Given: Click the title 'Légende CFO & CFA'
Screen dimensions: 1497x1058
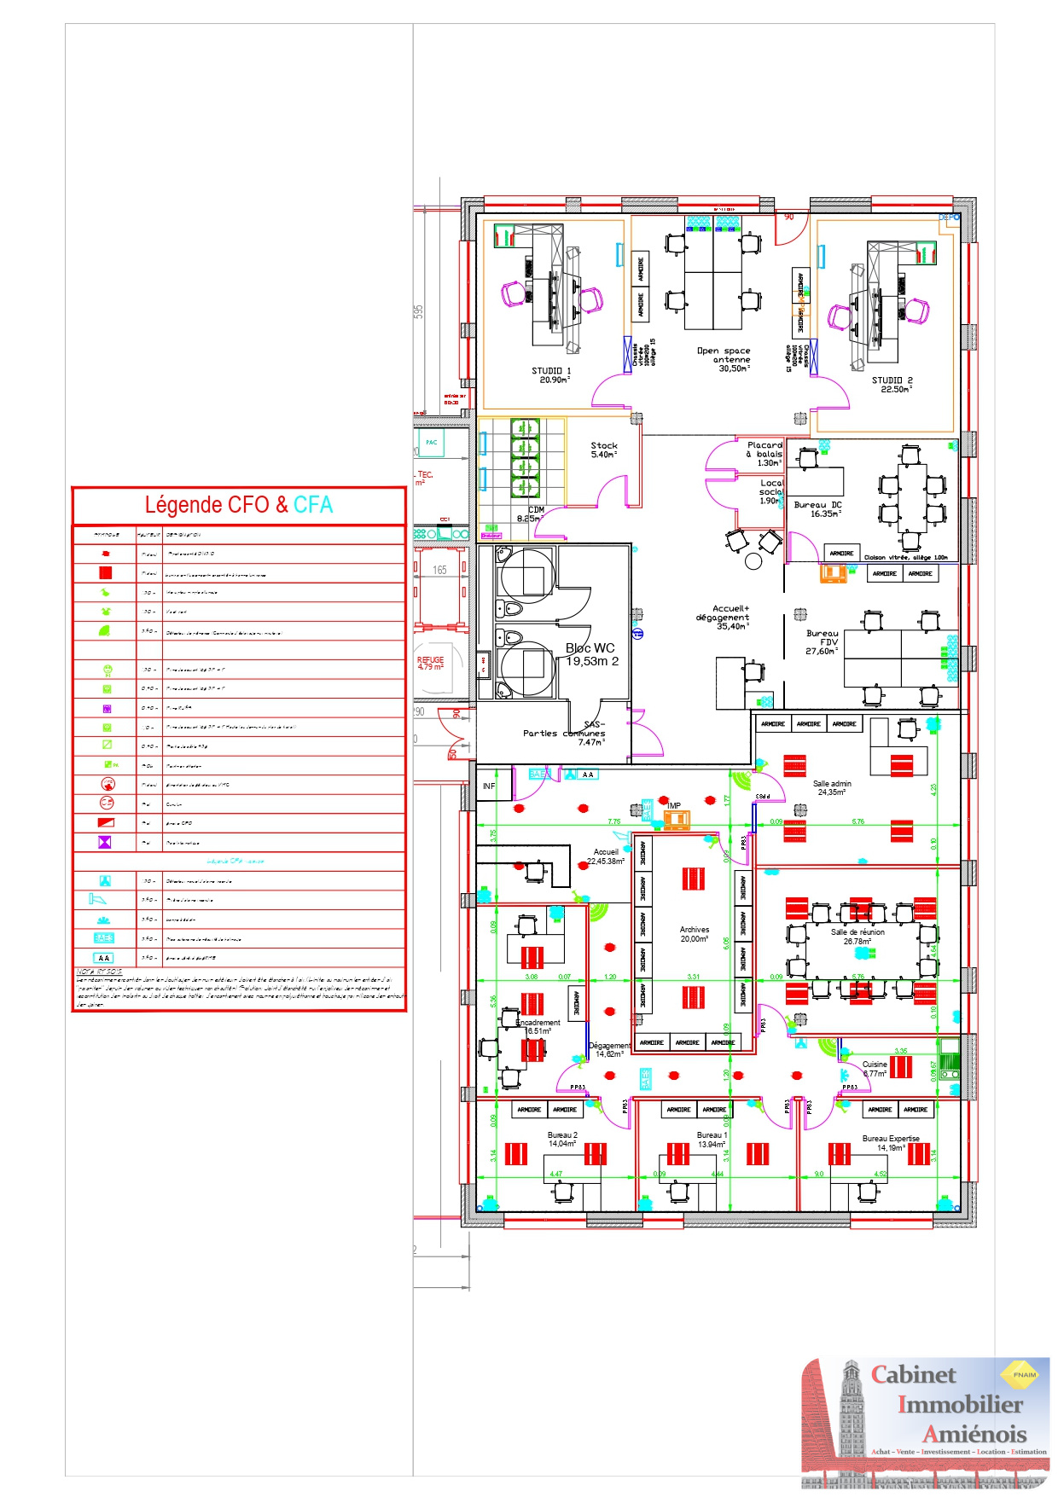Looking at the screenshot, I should [238, 505].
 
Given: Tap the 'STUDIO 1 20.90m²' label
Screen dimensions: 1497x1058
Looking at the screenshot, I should [552, 375].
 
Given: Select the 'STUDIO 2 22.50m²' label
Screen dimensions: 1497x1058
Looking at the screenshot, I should [892, 385].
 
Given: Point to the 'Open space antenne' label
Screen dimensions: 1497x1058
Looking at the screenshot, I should [724, 355].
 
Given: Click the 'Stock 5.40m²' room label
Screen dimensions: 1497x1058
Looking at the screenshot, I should [604, 450].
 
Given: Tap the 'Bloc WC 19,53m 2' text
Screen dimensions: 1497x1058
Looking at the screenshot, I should [590, 654].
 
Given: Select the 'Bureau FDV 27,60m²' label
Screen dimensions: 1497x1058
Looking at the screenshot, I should [823, 642].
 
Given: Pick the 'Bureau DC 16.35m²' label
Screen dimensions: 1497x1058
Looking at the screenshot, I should [817, 509].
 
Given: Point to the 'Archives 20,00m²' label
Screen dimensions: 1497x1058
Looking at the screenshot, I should [694, 934].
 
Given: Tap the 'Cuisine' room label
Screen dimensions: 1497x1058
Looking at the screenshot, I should [875, 1065].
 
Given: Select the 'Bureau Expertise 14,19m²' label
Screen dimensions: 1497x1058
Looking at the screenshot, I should [891, 1143].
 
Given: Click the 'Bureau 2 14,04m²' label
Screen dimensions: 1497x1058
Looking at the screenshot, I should [562, 1140].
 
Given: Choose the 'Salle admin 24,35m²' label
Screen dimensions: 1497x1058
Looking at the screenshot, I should [832, 787].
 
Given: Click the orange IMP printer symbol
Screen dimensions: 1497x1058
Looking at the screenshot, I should [676, 821].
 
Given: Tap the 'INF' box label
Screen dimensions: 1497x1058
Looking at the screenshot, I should [489, 786].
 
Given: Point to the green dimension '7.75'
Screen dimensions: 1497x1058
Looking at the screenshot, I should [614, 821].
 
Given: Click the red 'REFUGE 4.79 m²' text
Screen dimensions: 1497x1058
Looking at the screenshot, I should [430, 663].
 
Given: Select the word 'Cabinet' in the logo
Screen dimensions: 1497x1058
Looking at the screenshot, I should [914, 1374].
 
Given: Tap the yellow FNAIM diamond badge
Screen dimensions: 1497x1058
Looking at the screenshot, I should [1024, 1374].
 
